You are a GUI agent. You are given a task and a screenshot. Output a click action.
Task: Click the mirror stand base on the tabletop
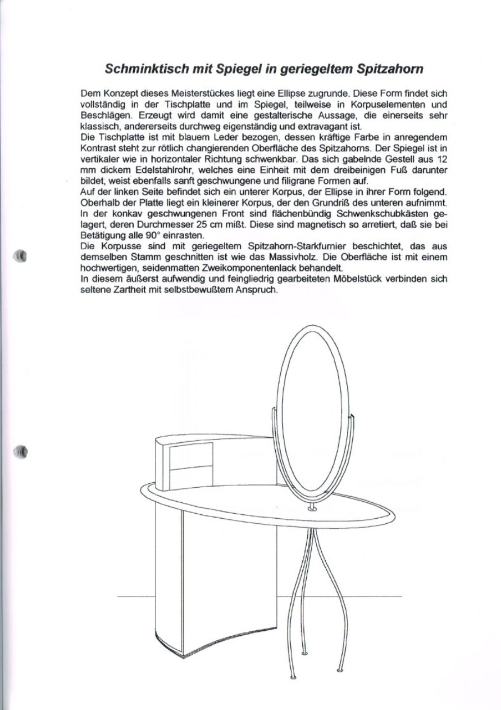[313, 509]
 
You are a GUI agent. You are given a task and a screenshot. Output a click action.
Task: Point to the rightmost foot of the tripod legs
[340, 669]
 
